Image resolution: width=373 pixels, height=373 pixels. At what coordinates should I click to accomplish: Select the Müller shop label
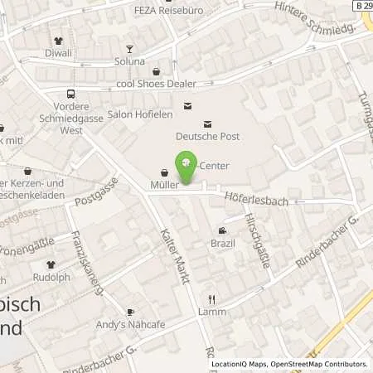pyautogui.click(x=164, y=186)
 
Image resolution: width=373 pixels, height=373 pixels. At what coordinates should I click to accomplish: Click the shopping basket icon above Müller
pyautogui.click(x=164, y=172)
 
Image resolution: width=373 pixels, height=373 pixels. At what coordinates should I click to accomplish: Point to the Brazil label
pyautogui.click(x=222, y=244)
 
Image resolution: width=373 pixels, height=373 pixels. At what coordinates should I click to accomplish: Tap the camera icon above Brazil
pyautogui.click(x=222, y=230)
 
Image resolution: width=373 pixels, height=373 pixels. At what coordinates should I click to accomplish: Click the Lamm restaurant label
pyautogui.click(x=211, y=312)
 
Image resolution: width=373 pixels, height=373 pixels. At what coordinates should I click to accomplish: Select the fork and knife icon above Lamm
pyautogui.click(x=211, y=298)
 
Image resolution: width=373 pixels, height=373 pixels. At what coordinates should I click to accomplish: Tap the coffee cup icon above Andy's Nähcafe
pyautogui.click(x=130, y=312)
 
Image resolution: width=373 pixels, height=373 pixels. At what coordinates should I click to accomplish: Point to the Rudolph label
pyautogui.click(x=51, y=277)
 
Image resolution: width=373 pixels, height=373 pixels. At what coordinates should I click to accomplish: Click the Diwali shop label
pyautogui.click(x=59, y=53)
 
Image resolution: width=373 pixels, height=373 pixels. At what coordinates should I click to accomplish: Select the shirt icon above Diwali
pyautogui.click(x=59, y=40)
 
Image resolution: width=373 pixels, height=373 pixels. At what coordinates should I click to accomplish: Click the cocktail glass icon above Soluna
pyautogui.click(x=129, y=48)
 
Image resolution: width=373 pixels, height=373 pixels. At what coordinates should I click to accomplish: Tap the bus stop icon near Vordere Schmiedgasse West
pyautogui.click(x=71, y=94)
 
